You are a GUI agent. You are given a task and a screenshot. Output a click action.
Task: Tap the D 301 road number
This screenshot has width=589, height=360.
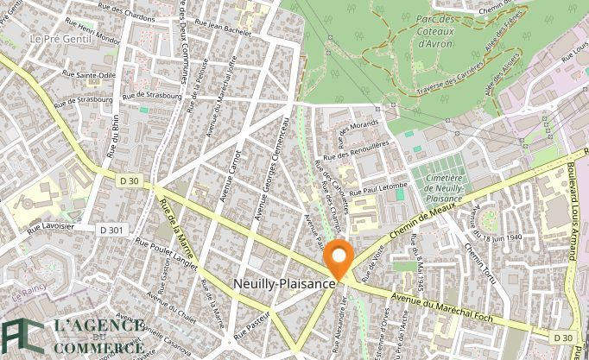pos(111,230)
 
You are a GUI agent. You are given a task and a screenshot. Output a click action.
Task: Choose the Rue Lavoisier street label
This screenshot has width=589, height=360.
pos(50,228)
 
